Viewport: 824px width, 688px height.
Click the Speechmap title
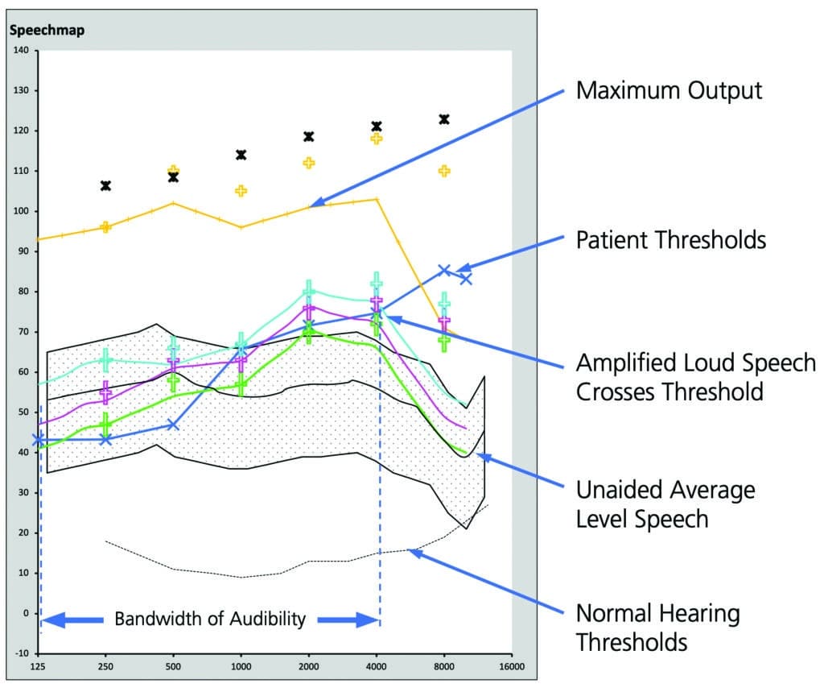tap(47, 30)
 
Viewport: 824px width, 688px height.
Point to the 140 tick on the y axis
tap(21, 51)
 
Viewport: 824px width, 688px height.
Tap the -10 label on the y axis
tap(22, 653)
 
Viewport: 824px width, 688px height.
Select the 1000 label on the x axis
tap(241, 666)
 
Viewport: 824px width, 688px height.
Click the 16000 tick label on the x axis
tap(511, 666)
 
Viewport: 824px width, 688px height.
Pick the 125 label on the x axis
tap(38, 666)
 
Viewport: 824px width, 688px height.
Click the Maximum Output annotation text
tap(669, 90)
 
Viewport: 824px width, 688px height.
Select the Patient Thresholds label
tap(671, 240)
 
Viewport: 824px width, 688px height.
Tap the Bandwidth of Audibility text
tap(210, 619)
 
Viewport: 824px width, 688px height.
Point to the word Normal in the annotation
tap(613, 614)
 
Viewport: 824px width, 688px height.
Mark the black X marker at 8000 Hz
tap(444, 119)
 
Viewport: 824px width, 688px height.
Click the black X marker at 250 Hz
tap(105, 185)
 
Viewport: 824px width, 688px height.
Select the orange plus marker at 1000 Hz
tap(241, 190)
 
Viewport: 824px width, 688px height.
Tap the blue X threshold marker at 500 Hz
tap(173, 425)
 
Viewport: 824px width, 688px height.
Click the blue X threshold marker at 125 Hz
tap(38, 440)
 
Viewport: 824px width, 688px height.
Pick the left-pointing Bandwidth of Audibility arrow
tap(72, 620)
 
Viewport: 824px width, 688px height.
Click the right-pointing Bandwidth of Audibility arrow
tap(348, 620)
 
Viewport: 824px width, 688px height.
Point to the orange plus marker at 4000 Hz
tap(377, 139)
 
